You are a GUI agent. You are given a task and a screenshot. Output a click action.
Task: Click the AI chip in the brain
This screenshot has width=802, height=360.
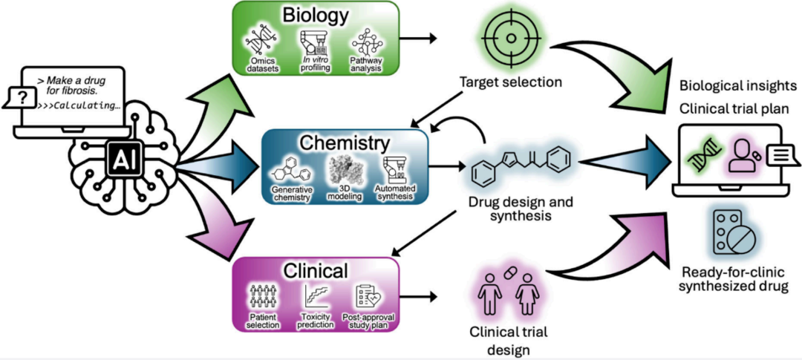[121, 158]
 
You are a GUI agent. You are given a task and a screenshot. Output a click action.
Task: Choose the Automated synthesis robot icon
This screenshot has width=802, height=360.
[394, 169]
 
